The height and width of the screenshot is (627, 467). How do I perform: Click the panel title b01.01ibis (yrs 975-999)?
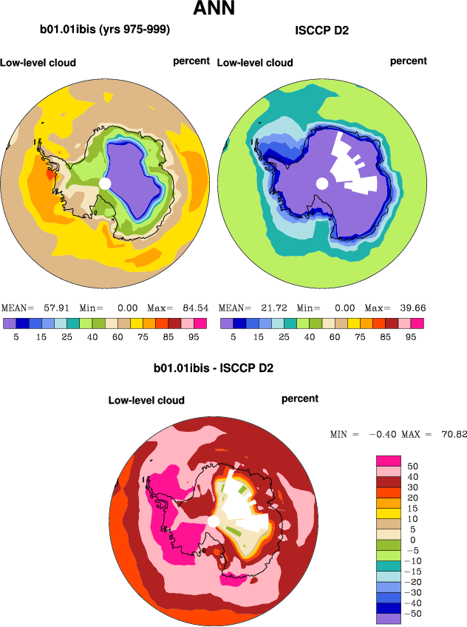pyautogui.click(x=105, y=30)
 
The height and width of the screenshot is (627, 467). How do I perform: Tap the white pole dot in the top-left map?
pyautogui.click(x=104, y=183)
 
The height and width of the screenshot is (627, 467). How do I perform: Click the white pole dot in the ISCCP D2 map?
pyautogui.click(x=321, y=183)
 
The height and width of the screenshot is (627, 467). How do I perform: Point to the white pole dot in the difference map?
pyautogui.click(x=213, y=521)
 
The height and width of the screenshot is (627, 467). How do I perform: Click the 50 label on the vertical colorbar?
pyautogui.click(x=412, y=467)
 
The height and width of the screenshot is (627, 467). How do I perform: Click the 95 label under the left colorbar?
pyautogui.click(x=194, y=336)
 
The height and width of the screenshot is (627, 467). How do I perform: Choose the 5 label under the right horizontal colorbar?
pyautogui.click(x=233, y=336)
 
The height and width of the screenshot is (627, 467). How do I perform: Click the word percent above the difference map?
pyautogui.click(x=300, y=399)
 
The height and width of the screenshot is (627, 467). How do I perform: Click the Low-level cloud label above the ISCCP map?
pyautogui.click(x=255, y=63)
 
